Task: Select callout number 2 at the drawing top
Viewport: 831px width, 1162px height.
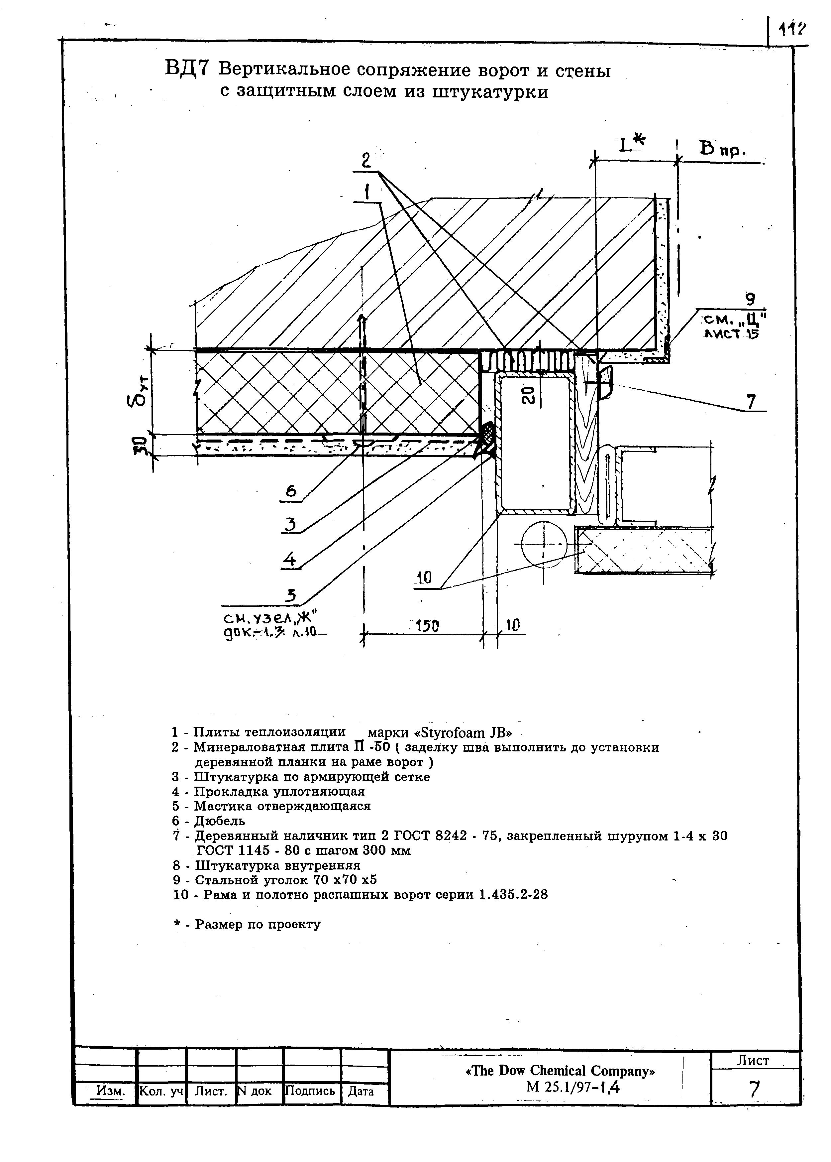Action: pyautogui.click(x=366, y=161)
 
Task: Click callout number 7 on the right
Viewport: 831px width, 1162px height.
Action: pyautogui.click(x=750, y=402)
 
